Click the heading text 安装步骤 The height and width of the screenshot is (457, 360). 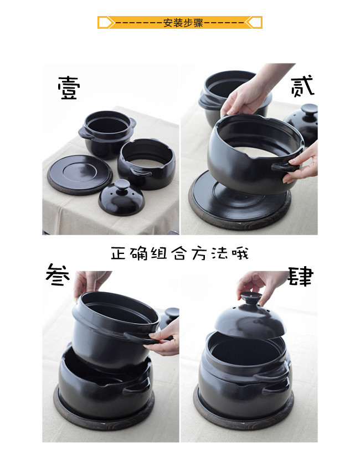183,23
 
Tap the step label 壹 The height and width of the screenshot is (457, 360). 69,88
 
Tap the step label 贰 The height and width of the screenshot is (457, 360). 302,86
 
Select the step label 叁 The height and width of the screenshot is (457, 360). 58,274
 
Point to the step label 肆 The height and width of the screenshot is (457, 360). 300,276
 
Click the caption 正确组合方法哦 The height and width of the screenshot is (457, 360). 179,253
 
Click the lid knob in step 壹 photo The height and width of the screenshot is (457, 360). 122,185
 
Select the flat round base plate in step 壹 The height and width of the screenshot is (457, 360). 79,175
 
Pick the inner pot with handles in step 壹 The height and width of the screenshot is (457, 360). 107,133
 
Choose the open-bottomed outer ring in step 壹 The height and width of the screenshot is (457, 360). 147,164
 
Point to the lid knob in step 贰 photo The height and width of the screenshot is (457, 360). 309,110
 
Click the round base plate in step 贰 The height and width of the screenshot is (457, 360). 240,201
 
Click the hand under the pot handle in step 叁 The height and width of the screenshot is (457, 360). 163,338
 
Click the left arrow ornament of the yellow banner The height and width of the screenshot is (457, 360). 106,23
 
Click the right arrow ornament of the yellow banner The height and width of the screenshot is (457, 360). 254,23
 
